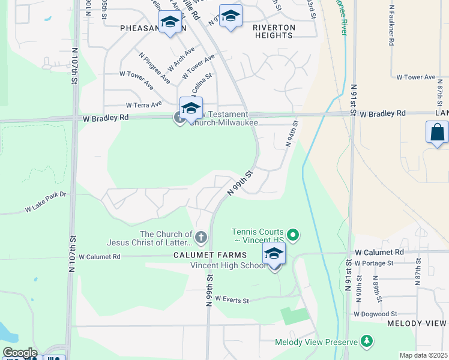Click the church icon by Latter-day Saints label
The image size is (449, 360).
201,238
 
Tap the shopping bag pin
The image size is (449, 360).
437,133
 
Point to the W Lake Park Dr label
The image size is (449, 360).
46,202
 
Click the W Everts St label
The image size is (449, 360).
232,299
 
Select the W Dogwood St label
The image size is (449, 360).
375,314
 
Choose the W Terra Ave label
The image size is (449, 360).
140,105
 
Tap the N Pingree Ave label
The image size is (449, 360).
153,68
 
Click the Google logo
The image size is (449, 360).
19,353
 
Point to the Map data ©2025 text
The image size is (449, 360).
423,355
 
